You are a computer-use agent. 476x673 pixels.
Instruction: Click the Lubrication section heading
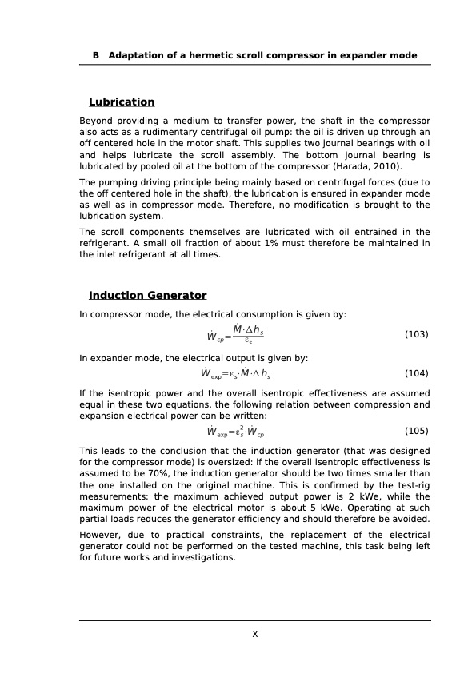(x=122, y=102)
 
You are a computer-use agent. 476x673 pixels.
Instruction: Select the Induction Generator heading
(x=147, y=296)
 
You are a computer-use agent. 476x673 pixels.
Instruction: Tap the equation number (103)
(x=417, y=334)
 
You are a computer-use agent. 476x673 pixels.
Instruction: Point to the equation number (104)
(x=417, y=373)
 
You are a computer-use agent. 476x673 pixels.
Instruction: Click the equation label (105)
(x=417, y=431)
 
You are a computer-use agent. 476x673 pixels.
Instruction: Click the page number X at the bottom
(x=254, y=634)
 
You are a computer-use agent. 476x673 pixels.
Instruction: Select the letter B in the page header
(x=96, y=56)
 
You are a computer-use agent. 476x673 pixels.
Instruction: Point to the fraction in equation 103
(x=249, y=335)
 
